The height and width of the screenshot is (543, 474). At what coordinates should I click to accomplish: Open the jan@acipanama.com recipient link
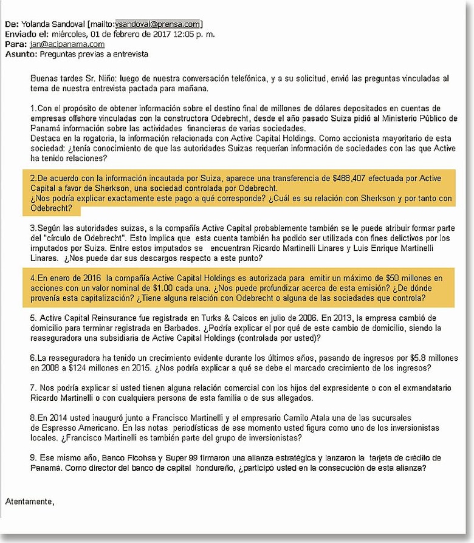[66, 44]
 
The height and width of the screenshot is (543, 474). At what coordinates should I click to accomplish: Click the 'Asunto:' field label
[20, 54]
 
